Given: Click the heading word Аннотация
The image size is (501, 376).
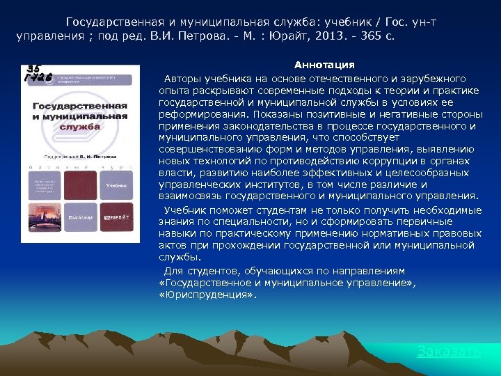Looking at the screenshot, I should [324, 65].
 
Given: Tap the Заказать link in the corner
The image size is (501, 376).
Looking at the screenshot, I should [449, 352].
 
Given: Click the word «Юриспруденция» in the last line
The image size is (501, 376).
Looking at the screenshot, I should [207, 295].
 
